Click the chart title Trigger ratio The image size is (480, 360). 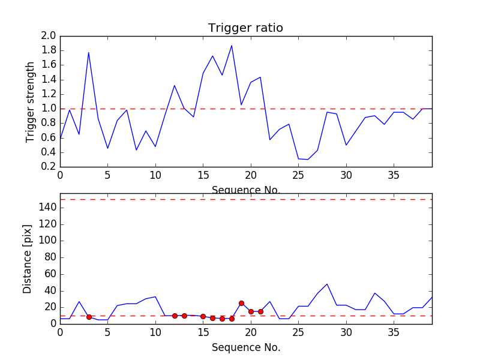[x=245, y=28]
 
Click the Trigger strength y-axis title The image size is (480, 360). [x=31, y=101]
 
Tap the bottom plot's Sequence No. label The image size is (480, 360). [x=246, y=347]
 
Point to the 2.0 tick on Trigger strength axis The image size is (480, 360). [x=49, y=36]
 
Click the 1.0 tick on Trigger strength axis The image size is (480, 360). [x=49, y=109]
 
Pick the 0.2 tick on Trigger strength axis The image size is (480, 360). [x=49, y=167]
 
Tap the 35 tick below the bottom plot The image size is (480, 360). [x=394, y=332]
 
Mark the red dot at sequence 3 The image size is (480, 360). [x=89, y=317]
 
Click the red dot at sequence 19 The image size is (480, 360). [x=241, y=303]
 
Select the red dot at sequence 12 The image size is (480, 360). [x=175, y=316]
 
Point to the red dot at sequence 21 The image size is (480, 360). [x=260, y=311]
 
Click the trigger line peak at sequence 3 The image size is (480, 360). [x=89, y=52]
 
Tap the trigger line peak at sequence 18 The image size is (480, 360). [x=232, y=46]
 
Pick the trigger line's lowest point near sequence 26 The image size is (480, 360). [x=308, y=160]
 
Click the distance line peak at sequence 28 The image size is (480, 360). [x=327, y=284]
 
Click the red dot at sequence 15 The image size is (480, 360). [x=203, y=316]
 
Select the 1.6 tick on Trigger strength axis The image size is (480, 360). [x=49, y=65]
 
